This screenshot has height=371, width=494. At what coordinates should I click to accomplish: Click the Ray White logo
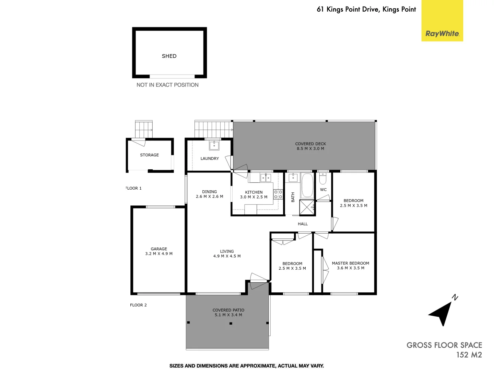[x=442, y=33]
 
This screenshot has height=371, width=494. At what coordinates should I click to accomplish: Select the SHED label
[x=169, y=56]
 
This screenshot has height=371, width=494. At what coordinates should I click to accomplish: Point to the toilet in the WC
[x=323, y=179]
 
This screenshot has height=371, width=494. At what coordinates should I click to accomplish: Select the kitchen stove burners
[x=278, y=194]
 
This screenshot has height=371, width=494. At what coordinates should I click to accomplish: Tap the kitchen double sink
[x=266, y=178]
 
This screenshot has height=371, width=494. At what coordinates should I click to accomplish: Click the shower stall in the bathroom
[x=307, y=207]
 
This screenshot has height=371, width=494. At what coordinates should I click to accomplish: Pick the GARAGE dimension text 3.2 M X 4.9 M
[x=159, y=254]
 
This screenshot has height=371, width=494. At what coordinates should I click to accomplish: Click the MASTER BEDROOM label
[x=350, y=263]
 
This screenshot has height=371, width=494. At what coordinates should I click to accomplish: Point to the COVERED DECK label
[x=310, y=144]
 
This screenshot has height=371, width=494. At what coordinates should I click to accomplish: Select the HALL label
[x=303, y=224]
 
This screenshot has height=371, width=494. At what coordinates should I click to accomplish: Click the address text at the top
[x=366, y=9]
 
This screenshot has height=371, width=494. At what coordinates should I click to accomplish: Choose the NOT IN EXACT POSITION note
[x=167, y=85]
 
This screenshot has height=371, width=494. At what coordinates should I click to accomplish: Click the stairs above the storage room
[x=144, y=129]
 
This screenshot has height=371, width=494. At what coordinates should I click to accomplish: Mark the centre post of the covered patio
[x=231, y=323]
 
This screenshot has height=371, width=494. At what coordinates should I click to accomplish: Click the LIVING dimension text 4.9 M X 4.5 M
[x=227, y=256]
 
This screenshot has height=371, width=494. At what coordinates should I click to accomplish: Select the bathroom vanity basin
[x=293, y=178]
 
